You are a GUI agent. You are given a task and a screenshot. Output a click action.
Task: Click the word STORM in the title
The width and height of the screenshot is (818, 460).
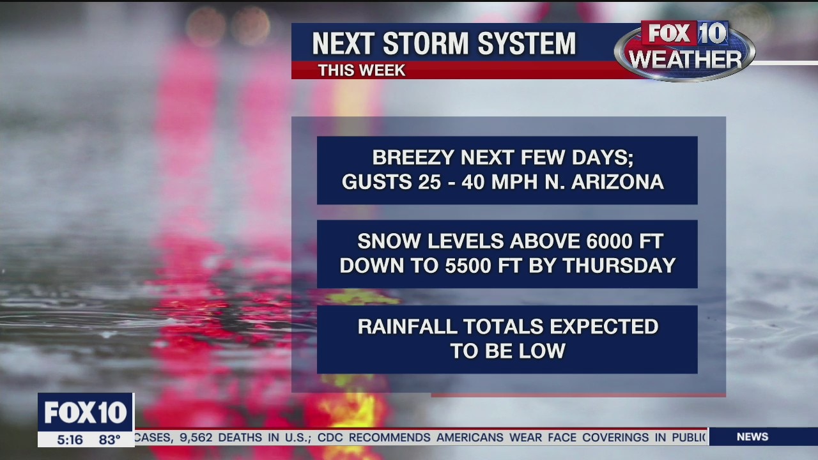tap(426, 43)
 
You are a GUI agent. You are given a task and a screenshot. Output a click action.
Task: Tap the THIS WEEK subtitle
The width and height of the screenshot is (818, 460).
tap(362, 70)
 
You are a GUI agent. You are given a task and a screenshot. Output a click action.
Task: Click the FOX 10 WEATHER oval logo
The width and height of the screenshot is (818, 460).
tap(684, 50)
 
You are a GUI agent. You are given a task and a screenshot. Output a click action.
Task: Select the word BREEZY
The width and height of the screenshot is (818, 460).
tap(413, 158)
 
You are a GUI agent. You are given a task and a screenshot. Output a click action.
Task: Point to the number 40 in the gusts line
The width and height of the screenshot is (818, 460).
tap(473, 182)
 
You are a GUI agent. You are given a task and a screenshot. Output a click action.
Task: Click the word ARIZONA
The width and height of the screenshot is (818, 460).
tap(617, 182)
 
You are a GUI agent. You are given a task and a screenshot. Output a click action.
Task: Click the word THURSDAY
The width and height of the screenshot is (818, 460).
tap(619, 265)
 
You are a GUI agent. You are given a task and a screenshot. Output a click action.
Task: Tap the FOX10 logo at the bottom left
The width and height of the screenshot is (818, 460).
tap(86, 412)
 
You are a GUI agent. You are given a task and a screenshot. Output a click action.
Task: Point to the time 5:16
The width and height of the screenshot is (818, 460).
tap(70, 440)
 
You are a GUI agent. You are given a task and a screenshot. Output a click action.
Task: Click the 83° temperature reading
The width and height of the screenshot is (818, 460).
tap(109, 440)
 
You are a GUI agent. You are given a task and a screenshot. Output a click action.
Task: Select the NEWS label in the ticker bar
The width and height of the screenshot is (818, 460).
tap(752, 436)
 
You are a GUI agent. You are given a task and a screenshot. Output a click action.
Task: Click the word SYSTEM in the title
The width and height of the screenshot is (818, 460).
tap(527, 43)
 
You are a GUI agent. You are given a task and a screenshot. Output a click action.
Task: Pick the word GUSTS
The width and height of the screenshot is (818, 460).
tap(376, 182)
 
